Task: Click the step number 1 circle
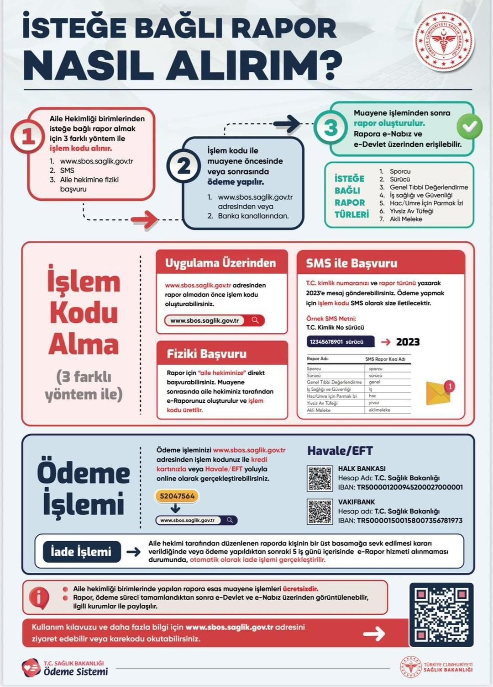tap(27, 136)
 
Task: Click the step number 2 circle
tap(184, 166)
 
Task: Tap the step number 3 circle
tap(330, 128)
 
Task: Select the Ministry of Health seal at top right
tap(443, 41)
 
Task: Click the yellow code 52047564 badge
tap(177, 496)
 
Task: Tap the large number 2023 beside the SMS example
tap(408, 342)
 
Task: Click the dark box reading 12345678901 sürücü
tap(341, 342)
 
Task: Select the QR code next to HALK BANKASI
tap(320, 478)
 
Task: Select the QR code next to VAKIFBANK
tap(320, 511)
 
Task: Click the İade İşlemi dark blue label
tap(82, 552)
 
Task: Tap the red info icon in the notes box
tap(39, 597)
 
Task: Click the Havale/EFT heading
tap(340, 451)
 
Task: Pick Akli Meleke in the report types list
tap(405, 219)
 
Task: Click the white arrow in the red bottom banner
tap(374, 633)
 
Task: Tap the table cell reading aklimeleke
tap(379, 410)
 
